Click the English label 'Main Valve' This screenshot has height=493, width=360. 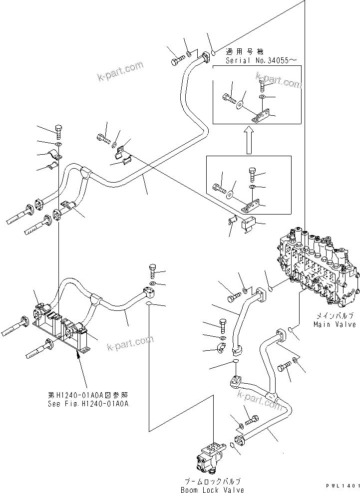(x=335, y=325)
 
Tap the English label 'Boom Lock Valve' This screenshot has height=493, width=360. (x=213, y=490)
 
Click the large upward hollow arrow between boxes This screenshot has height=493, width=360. (x=248, y=140)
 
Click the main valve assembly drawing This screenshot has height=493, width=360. (x=316, y=269)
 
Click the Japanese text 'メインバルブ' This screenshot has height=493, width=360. (x=335, y=316)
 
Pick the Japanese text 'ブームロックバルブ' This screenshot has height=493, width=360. (x=213, y=482)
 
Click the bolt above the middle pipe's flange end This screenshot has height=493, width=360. (x=152, y=272)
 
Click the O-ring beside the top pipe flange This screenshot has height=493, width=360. (x=213, y=52)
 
